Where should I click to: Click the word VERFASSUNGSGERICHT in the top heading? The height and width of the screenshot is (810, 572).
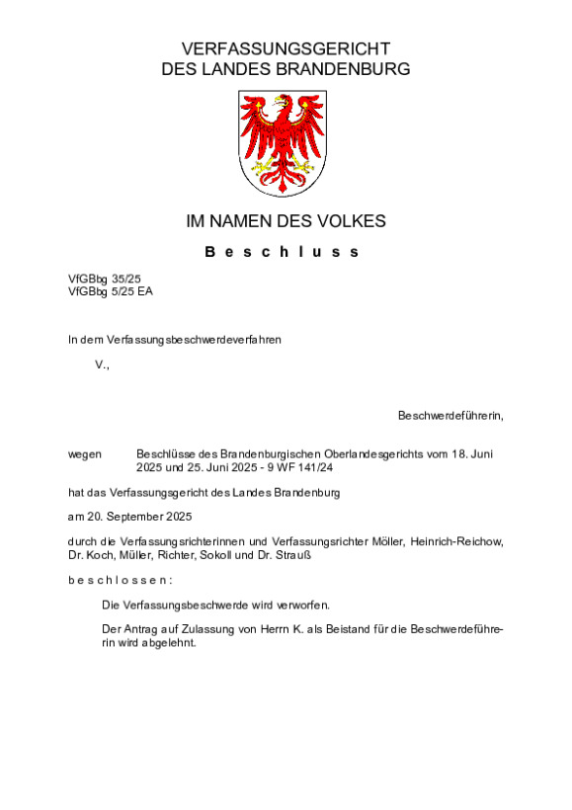[286, 48]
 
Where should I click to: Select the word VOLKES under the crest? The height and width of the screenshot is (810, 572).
[352, 221]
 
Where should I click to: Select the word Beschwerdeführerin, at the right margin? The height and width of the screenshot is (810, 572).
[450, 415]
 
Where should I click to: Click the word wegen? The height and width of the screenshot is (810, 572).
[85, 453]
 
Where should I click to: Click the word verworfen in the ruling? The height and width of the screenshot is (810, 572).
[301, 604]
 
